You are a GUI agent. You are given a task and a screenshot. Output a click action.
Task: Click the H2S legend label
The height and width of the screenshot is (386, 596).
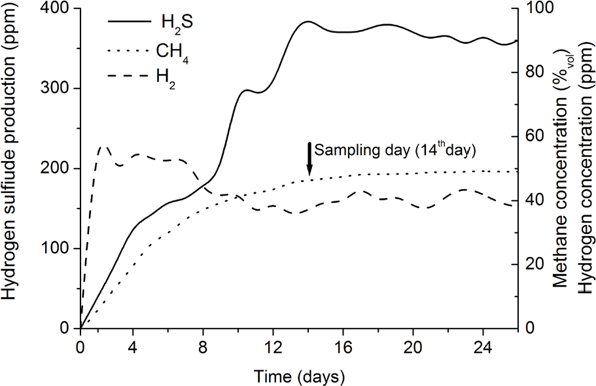(x=177, y=24)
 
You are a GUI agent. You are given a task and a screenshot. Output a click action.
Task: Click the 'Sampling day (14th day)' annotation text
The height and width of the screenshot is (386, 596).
(x=393, y=149)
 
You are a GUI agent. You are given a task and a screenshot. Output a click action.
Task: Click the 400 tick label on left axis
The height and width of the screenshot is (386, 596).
(x=57, y=9)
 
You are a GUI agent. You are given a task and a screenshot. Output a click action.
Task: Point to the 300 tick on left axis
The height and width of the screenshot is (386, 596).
(x=57, y=89)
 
